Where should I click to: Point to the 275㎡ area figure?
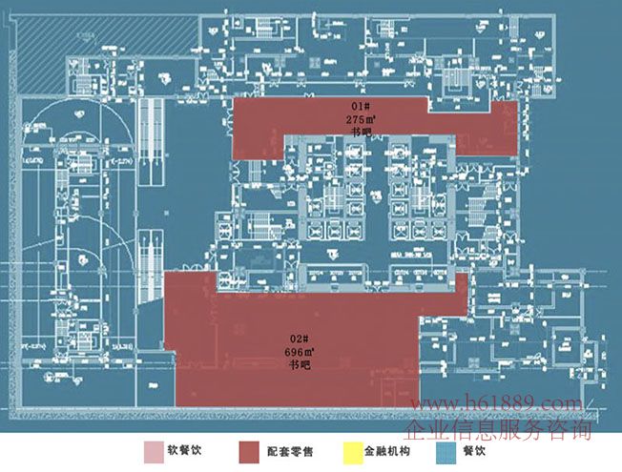[360, 120]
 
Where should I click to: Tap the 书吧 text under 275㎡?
[360, 133]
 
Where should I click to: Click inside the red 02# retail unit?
[238, 353]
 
